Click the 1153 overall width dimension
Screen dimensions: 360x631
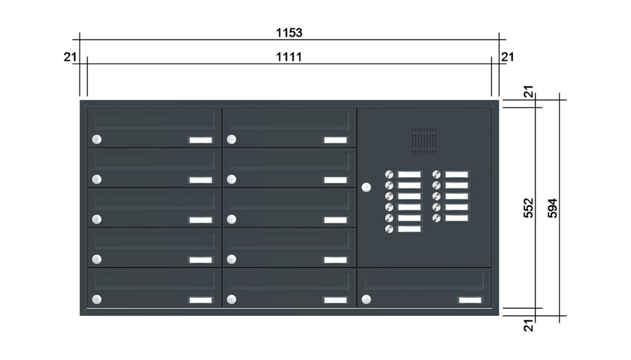pos(289,32)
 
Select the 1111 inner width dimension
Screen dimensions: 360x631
pos(289,56)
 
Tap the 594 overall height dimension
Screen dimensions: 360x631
pos(553,208)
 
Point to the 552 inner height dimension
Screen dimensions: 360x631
pos(529,208)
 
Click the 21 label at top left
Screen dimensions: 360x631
pos(70,57)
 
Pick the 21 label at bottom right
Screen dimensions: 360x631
pos(529,325)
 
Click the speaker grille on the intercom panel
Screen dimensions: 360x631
pos(424,141)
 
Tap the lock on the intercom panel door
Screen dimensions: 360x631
pos(366,187)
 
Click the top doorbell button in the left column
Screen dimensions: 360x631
pos(389,175)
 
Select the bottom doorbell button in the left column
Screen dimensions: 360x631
pos(389,229)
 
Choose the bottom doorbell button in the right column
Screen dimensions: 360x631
pos(437,218)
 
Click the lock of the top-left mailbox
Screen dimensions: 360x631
pos(97,140)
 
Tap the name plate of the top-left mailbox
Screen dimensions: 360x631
pos(201,140)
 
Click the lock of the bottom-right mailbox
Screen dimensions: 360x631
pos(366,300)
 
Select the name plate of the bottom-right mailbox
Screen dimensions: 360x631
pos(470,300)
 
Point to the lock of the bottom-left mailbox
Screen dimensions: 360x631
pos(97,300)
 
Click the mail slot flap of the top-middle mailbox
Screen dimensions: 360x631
pos(289,122)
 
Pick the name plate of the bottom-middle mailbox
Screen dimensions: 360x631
pos(335,300)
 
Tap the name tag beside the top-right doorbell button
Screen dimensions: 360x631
pos(456,175)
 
